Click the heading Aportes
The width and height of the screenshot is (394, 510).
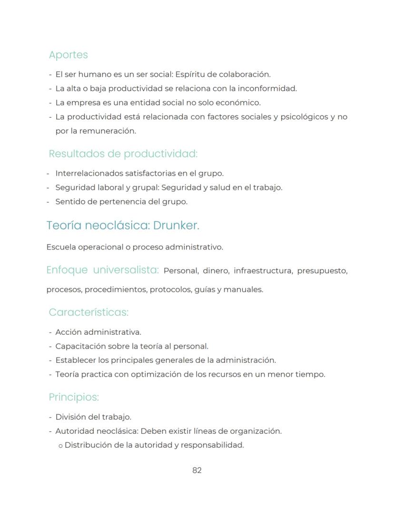click(68, 55)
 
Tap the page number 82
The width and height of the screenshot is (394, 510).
click(197, 470)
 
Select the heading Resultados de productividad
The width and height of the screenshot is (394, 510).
click(123, 154)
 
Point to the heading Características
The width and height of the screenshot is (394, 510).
click(89, 312)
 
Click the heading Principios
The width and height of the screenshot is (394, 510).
click(74, 397)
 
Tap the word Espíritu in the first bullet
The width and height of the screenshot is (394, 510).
click(191, 74)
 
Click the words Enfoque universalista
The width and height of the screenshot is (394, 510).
click(102, 270)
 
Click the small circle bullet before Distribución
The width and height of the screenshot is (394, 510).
click(60, 446)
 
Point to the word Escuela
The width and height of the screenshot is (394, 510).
click(60, 247)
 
